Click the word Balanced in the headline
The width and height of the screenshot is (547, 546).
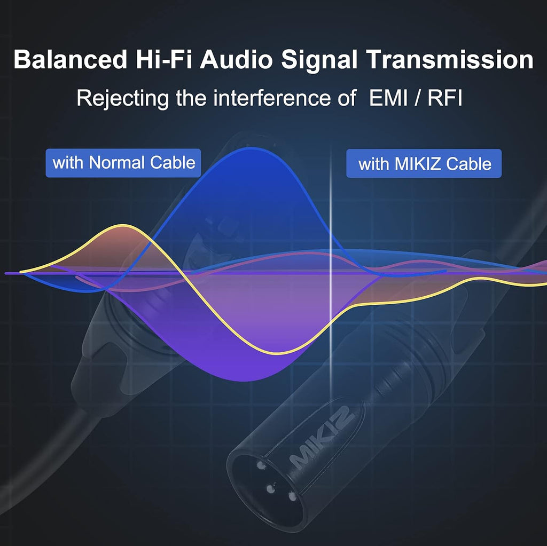(70, 59)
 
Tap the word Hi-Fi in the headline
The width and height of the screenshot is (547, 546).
(163, 59)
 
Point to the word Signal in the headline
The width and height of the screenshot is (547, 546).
(319, 60)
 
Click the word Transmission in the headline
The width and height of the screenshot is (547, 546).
(450, 59)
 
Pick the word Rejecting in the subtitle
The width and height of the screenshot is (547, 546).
(122, 98)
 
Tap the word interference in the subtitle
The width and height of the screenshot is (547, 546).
(272, 98)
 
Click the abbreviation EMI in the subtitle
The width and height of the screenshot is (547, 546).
(388, 98)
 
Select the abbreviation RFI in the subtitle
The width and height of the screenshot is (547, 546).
(445, 98)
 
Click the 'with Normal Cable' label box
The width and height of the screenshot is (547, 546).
(123, 163)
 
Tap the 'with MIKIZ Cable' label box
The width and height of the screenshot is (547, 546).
(424, 163)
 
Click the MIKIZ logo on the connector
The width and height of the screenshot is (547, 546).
(322, 437)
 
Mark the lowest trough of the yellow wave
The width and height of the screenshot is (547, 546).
(277, 353)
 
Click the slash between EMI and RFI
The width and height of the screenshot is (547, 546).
(418, 98)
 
